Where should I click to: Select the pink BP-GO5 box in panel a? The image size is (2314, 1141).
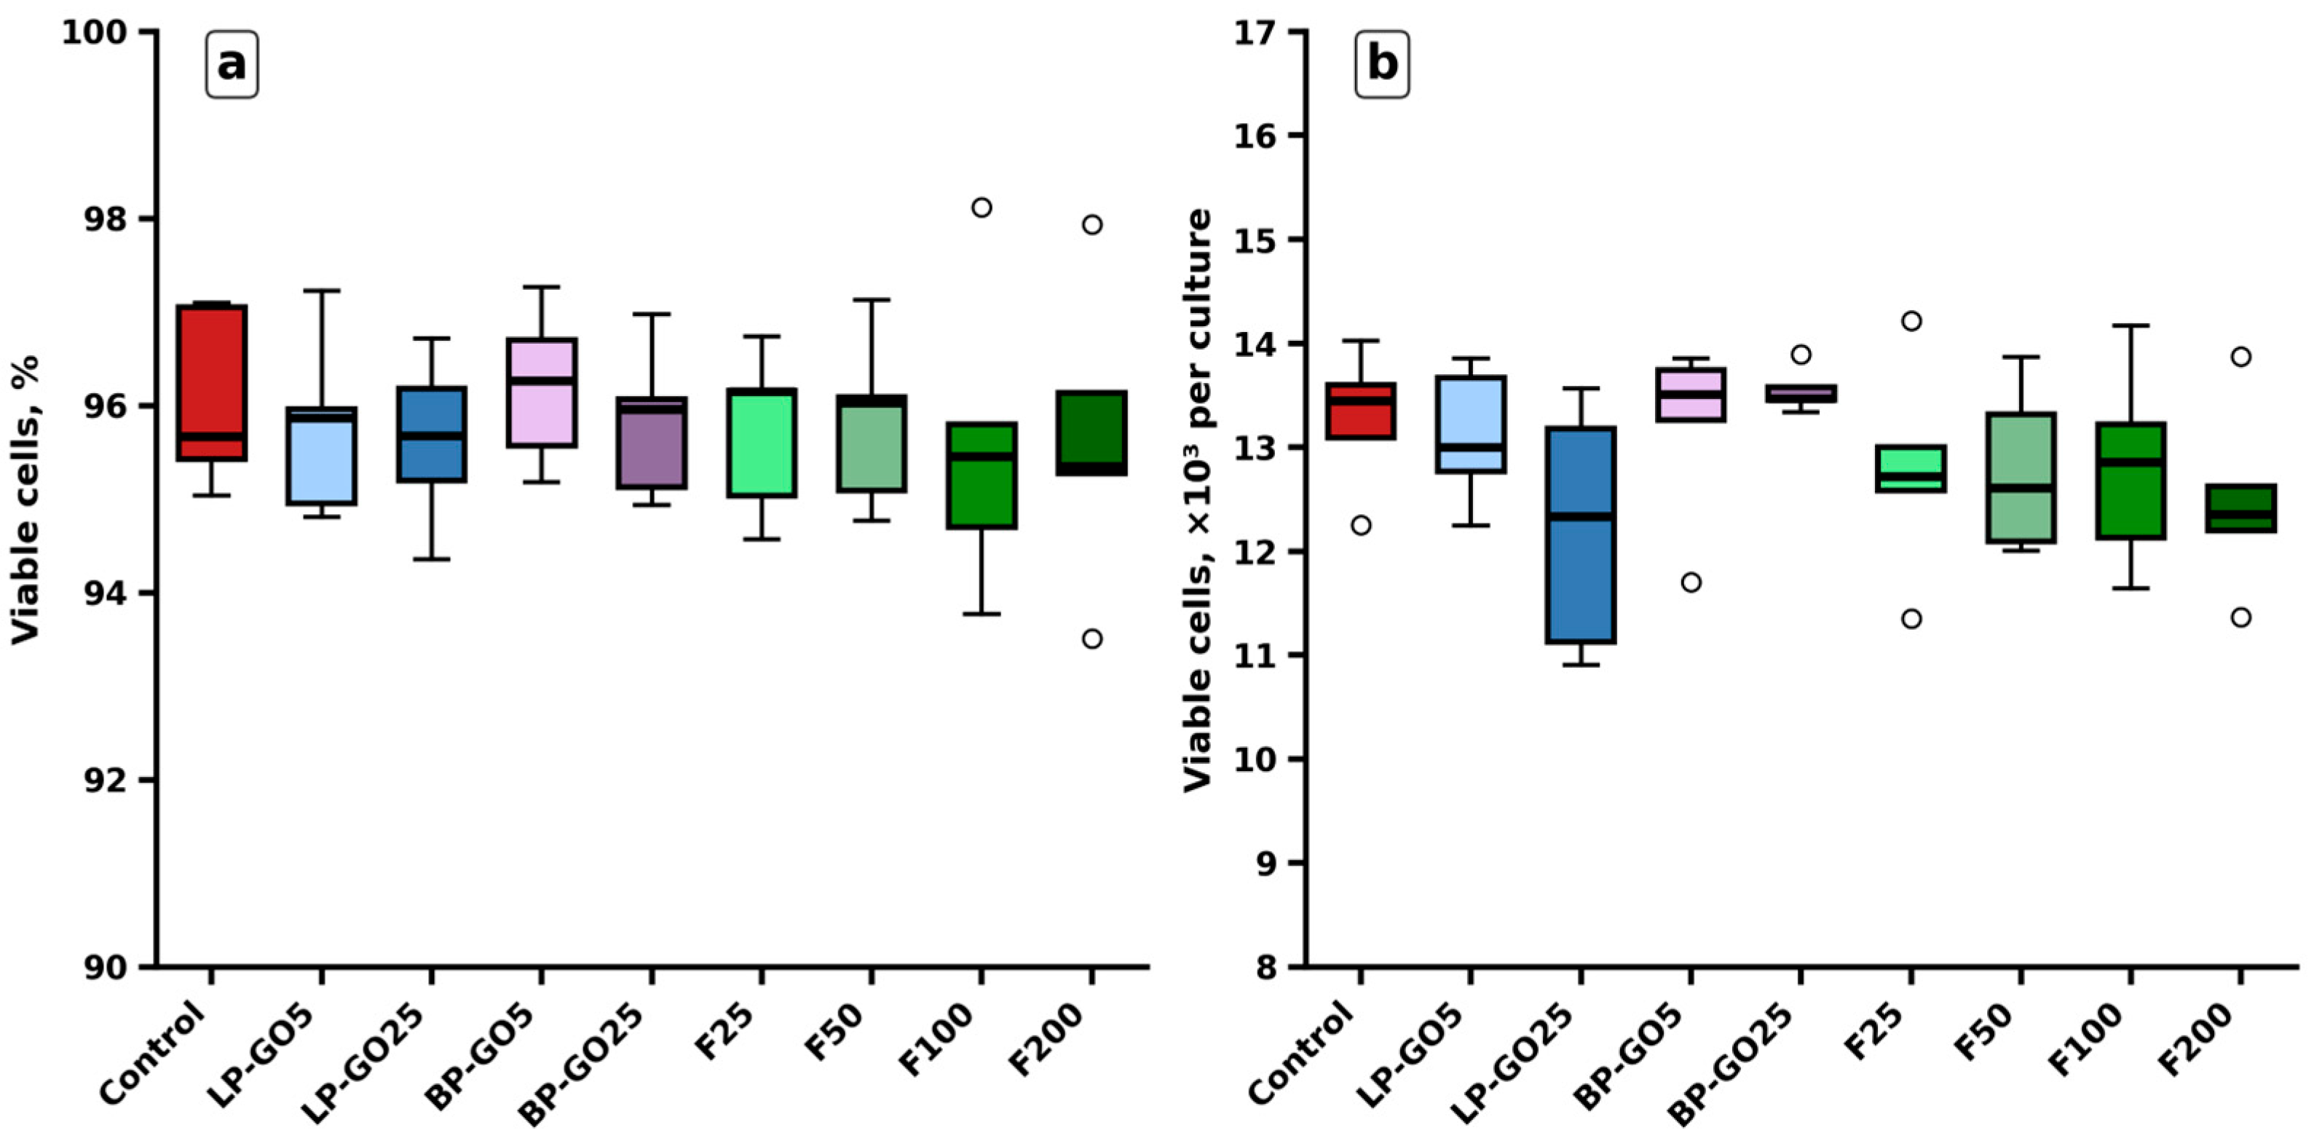542,392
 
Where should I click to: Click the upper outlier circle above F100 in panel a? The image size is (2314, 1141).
982,208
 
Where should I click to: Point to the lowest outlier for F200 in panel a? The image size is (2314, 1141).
1092,639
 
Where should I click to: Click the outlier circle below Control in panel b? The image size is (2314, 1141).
1361,526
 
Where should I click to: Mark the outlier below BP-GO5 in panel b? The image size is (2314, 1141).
1691,583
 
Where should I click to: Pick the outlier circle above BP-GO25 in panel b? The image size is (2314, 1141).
1801,354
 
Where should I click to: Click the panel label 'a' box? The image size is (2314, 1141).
232,65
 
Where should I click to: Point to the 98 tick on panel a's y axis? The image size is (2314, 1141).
147,219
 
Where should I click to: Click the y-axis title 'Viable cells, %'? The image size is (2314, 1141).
27,499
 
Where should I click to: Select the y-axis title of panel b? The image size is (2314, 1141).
1199,500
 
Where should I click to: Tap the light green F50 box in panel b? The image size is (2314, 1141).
2021,478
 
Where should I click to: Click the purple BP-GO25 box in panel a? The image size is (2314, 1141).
652,443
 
